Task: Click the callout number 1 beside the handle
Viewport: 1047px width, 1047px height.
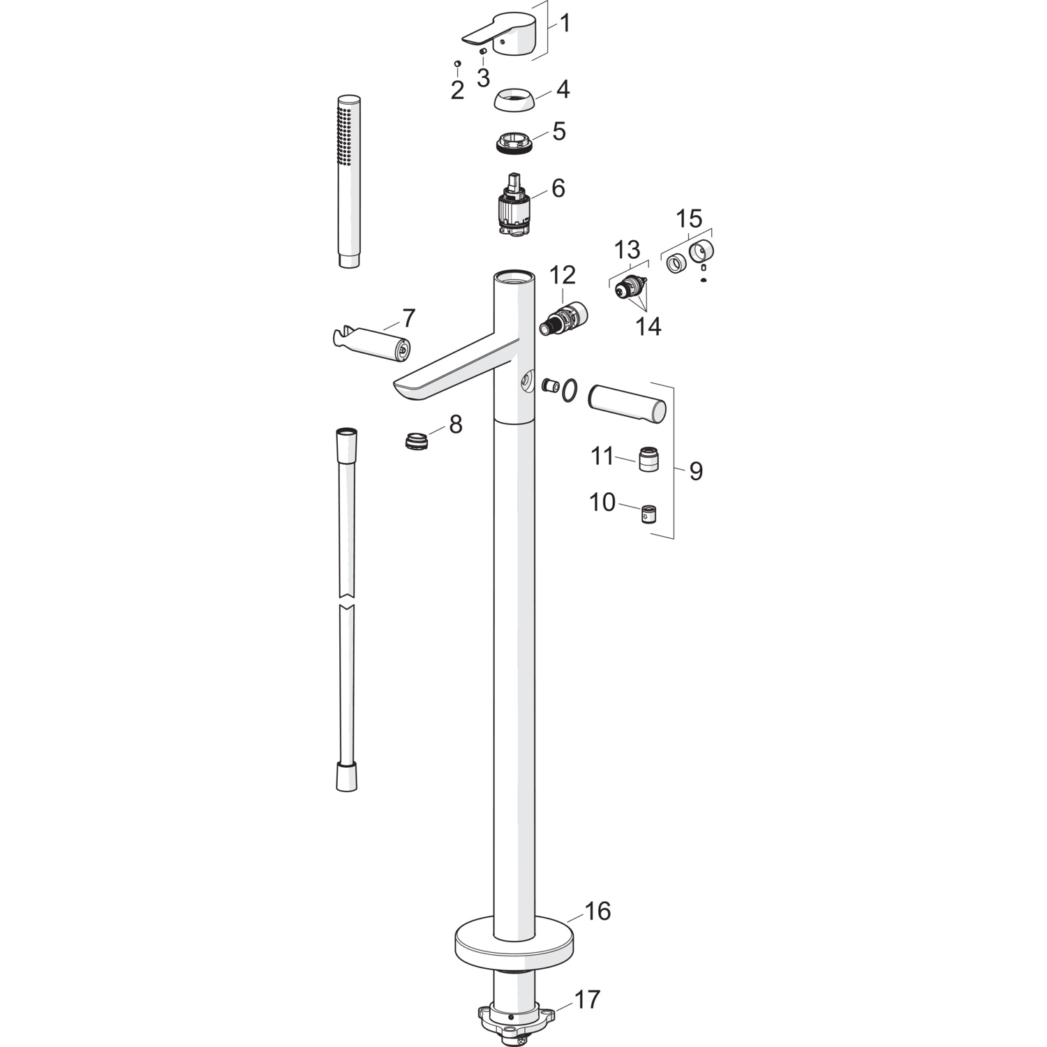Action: (x=565, y=24)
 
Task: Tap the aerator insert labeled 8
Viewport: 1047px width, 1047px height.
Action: (x=418, y=441)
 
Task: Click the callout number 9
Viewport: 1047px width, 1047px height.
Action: (x=695, y=471)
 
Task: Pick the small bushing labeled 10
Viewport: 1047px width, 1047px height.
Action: (x=651, y=514)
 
